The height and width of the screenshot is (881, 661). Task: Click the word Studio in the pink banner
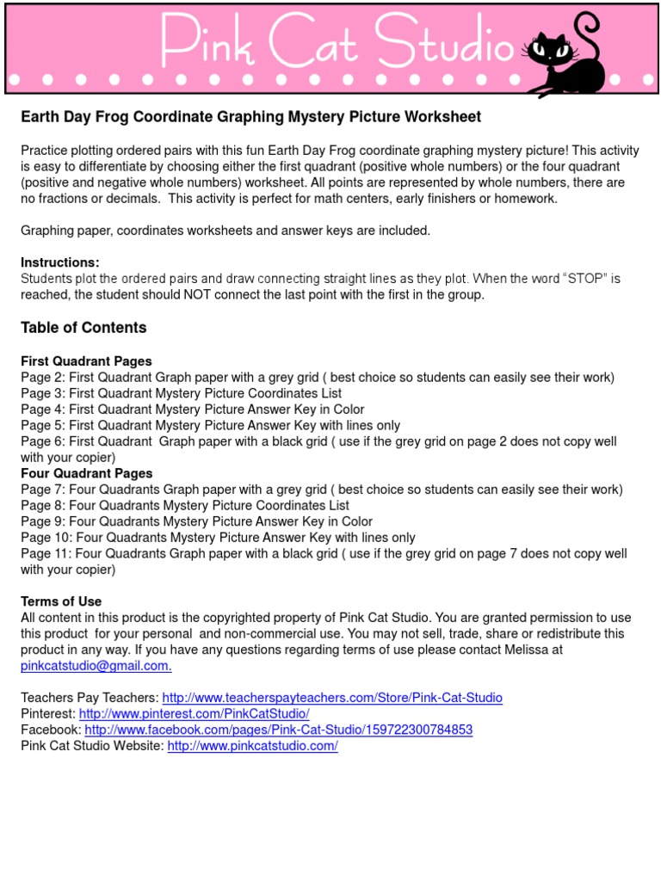(x=448, y=43)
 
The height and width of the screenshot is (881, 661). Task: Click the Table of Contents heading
(x=83, y=328)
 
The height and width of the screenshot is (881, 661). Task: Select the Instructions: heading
(x=60, y=262)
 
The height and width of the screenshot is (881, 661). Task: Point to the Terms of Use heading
(x=61, y=602)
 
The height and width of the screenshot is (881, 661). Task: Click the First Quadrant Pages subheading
(x=86, y=361)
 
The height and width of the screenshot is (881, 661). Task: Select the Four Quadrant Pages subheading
(x=86, y=474)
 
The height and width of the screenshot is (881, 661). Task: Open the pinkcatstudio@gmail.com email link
(x=96, y=667)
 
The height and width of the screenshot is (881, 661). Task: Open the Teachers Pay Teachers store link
(x=332, y=699)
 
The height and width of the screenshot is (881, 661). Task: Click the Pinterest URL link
(x=194, y=714)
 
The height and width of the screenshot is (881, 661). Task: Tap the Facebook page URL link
(x=279, y=730)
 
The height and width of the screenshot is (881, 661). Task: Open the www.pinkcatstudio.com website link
(x=252, y=747)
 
